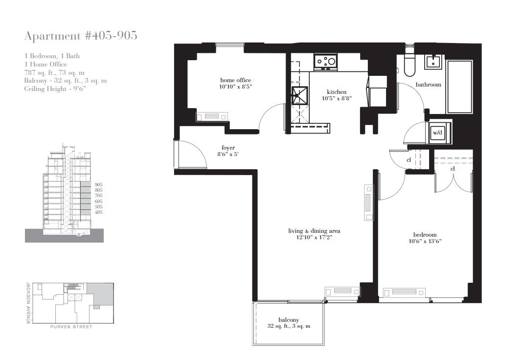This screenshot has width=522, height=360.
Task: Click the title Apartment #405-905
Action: (x=81, y=36)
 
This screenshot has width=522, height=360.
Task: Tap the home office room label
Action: (x=235, y=80)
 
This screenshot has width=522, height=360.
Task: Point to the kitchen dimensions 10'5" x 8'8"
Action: (x=337, y=98)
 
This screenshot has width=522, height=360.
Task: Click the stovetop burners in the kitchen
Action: (x=326, y=61)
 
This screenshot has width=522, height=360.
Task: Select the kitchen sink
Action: (x=299, y=95)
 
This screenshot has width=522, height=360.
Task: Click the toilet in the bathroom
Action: (x=409, y=65)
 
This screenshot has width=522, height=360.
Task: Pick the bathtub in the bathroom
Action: (x=459, y=87)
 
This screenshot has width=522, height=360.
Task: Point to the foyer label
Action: (x=228, y=148)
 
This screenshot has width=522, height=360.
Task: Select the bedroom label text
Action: (x=425, y=235)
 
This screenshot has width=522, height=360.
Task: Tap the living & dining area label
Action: (x=314, y=231)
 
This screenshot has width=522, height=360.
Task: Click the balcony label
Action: (x=289, y=320)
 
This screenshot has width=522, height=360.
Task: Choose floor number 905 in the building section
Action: (x=98, y=185)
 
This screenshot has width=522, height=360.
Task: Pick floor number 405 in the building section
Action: (x=98, y=212)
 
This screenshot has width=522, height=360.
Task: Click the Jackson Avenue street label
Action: (x=28, y=303)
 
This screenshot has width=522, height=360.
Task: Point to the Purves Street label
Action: (x=71, y=327)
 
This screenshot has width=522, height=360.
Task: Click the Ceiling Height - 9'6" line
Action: (x=55, y=89)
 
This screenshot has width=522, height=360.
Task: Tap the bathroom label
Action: (x=428, y=85)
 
